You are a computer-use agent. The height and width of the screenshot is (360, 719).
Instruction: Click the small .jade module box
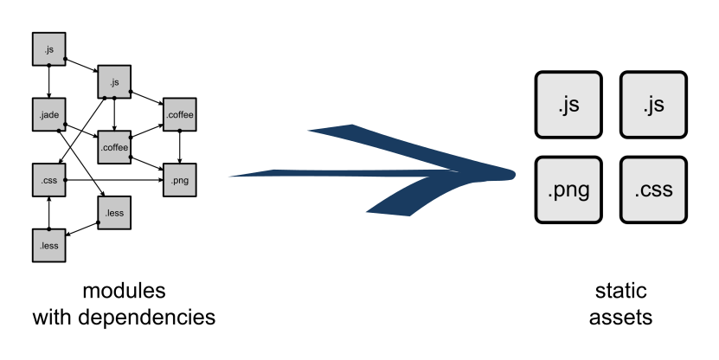(48, 114)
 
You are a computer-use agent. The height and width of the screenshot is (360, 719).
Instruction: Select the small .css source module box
(48, 180)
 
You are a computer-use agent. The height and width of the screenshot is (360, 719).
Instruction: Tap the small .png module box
(179, 180)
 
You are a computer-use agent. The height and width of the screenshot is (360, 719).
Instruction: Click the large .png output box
(568, 190)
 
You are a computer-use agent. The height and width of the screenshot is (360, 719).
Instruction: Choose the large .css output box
(653, 190)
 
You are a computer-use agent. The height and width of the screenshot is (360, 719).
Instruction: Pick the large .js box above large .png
(568, 105)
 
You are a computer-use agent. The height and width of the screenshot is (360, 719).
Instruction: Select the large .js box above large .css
(653, 105)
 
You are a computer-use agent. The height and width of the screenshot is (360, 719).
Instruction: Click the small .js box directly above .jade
(48, 48)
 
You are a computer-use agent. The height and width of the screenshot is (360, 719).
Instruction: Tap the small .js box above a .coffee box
(114, 81)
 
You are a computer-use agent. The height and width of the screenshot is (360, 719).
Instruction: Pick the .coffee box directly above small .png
(179, 114)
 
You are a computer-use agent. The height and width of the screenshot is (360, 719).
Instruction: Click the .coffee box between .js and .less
(114, 147)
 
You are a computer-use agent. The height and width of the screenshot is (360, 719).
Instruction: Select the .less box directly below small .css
(48, 246)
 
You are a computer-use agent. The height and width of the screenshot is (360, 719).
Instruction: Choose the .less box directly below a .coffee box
(114, 213)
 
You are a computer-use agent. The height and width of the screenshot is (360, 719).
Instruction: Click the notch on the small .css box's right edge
(65, 180)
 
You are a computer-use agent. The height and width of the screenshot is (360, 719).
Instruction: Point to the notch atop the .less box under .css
(49, 231)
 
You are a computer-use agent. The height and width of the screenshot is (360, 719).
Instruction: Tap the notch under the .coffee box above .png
(179, 130)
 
